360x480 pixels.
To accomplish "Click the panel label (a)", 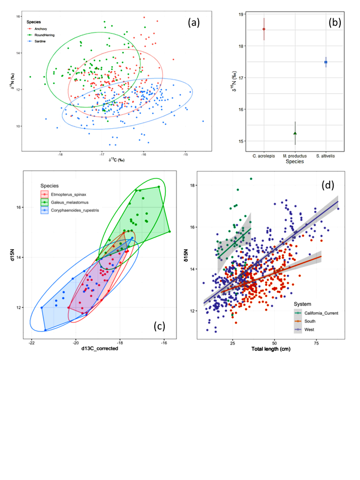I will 196,23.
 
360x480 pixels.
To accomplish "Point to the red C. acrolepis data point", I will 264,29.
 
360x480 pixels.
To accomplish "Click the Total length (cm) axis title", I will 271,349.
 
